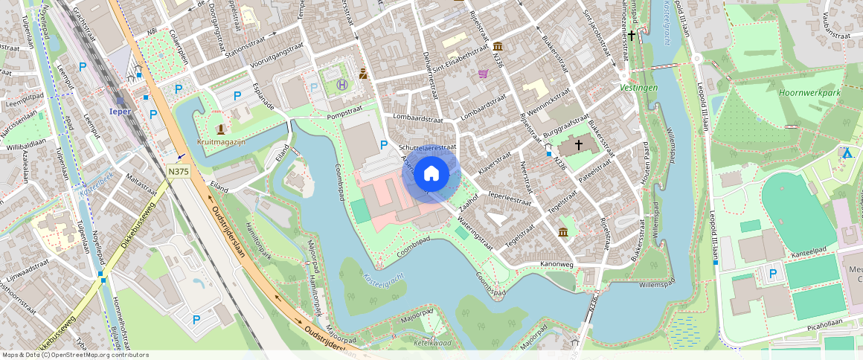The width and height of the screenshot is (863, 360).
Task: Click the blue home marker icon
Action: coord(431,175)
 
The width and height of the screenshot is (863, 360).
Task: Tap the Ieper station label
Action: coord(120,112)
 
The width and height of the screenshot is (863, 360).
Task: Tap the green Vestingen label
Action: coord(638,87)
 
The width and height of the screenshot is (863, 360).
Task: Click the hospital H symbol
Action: coord(341,85)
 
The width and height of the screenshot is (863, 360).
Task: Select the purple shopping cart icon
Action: coord(484,74)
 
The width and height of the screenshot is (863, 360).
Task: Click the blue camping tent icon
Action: coord(846,152)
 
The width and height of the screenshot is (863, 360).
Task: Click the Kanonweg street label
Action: coord(556,265)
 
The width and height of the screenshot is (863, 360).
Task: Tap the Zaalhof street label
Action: coord(468,202)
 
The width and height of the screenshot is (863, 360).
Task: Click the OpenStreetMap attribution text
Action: coord(75,355)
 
